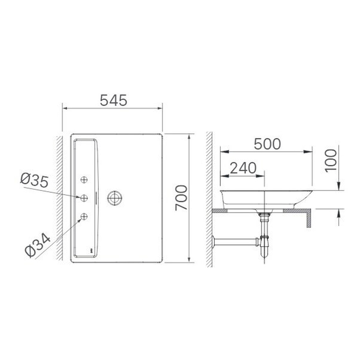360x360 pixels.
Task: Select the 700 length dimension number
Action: point(181,198)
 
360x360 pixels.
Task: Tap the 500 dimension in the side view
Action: point(267,144)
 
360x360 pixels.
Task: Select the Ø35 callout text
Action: point(34,180)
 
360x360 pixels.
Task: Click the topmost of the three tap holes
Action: point(84,179)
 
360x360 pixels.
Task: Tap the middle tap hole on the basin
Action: point(84,197)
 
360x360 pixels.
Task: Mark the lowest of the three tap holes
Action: point(84,216)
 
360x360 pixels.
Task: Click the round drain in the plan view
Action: point(115,197)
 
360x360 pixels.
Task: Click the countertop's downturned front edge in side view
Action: point(309,220)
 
